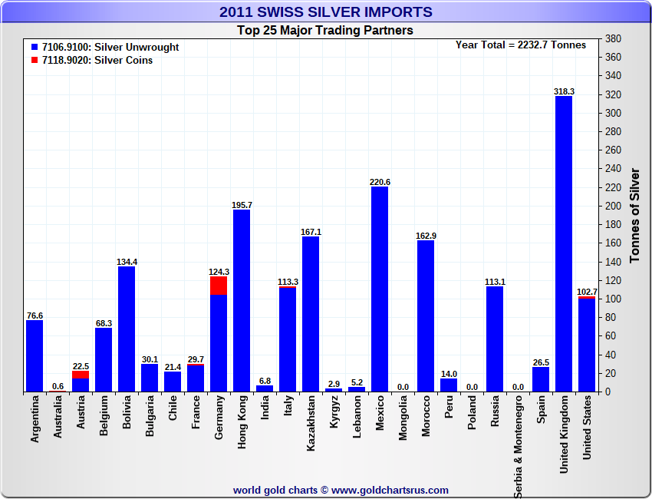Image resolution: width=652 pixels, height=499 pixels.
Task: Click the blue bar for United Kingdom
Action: (564, 244)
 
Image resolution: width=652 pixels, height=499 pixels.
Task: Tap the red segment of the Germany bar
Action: (219, 286)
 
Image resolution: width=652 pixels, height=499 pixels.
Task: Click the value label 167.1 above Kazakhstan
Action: (311, 232)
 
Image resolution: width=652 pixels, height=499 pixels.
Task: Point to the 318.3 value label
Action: (564, 91)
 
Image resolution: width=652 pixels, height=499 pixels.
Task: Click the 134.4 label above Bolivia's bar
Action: (127, 262)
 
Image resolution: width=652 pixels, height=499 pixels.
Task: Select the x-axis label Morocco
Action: (426, 418)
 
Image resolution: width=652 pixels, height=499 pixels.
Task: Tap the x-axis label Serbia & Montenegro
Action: (518, 446)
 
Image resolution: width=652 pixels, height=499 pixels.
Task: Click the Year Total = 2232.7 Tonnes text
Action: (521, 45)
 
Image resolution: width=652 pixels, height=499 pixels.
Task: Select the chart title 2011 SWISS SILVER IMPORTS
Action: (325, 12)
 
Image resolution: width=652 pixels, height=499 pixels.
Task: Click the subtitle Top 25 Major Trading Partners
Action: (325, 31)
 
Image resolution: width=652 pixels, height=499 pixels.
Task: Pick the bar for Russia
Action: (495, 339)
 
